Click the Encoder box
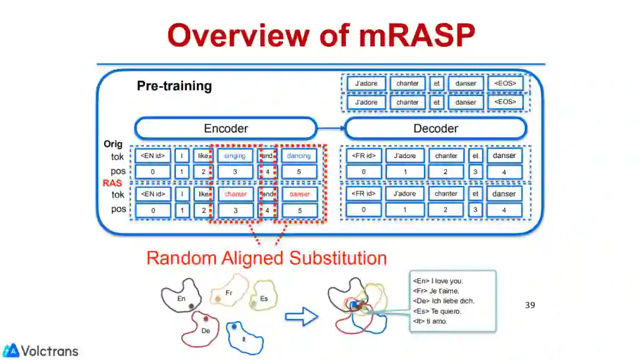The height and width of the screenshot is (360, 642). coord(226,128)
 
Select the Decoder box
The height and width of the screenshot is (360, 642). coord(436,128)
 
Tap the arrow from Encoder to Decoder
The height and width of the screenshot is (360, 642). coord(331,128)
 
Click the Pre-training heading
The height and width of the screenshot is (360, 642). coord(174,86)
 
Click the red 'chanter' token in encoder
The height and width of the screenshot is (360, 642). coord(235,194)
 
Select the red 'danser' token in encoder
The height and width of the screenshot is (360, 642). coord(299,194)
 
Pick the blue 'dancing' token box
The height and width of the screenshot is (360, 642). coord(299,156)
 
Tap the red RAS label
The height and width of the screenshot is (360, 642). coord(112,183)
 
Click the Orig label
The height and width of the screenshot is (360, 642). coord(113,144)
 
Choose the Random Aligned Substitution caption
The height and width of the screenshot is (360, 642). coord(266,258)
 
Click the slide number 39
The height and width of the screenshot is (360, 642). coord(530,305)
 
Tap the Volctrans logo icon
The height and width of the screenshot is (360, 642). coord(10,350)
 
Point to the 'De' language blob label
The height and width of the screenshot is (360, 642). coord(206,330)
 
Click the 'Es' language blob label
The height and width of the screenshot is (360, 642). coord(264,299)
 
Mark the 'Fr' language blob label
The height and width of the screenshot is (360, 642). coord(229,293)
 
